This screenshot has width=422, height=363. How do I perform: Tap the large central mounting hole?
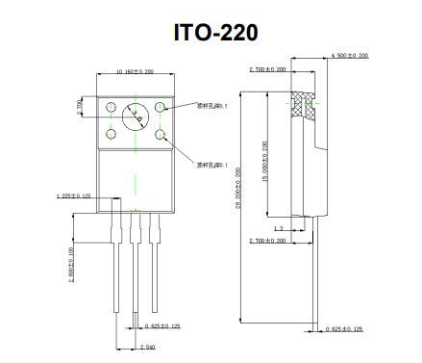pos(137,118)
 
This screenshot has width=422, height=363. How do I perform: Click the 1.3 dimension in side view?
pos(278,228)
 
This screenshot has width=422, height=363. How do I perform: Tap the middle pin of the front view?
pos(137,260)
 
